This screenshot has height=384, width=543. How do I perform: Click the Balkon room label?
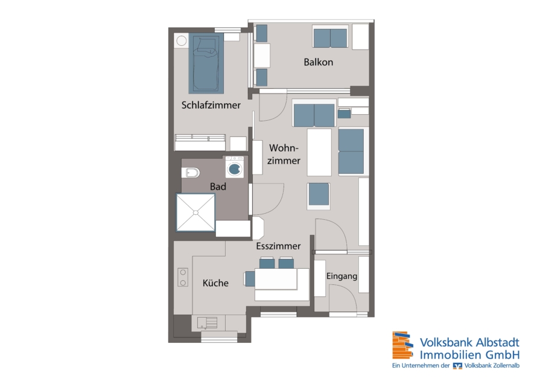[318, 62]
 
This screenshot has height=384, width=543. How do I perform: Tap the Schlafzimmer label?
[211, 105]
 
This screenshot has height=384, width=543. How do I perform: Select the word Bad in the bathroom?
[218, 187]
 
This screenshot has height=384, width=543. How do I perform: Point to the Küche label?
[215, 283]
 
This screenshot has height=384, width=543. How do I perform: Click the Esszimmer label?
[278, 246]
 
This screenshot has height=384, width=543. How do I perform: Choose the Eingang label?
[342, 276]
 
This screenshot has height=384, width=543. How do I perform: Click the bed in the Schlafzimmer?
[206, 63]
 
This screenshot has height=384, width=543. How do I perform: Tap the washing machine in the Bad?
[235, 167]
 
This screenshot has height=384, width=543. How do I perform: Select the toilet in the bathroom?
[191, 172]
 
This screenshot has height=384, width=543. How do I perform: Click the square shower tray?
[195, 213]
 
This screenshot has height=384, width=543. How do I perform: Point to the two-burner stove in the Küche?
[183, 277]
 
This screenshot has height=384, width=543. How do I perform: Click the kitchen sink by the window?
[207, 322]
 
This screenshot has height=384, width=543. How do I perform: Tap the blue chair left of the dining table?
[249, 279]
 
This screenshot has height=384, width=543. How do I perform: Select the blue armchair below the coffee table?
[319, 195]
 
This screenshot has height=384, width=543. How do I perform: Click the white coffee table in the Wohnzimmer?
[319, 152]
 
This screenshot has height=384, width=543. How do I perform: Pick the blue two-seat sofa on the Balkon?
[330, 38]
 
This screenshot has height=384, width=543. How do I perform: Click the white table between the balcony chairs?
[262, 56]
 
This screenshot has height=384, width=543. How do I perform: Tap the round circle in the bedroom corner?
[182, 41]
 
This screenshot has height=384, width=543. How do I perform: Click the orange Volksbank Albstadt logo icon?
[402, 345]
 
